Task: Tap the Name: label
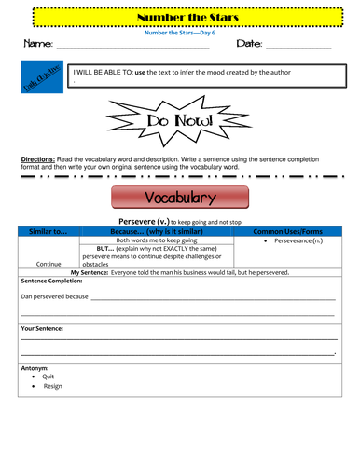(35, 44)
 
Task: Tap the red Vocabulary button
(180, 198)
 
